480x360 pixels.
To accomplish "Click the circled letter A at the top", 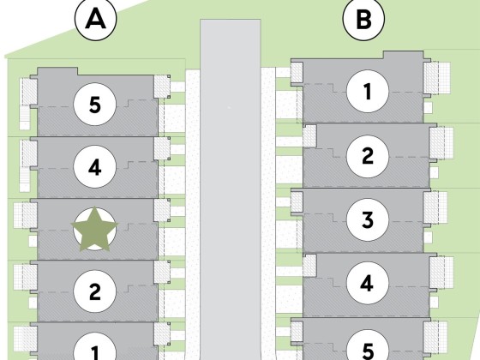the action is pyautogui.click(x=95, y=19).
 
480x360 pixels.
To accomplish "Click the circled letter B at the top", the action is pyautogui.click(x=363, y=19).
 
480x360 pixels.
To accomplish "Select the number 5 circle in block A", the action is pyautogui.click(x=95, y=105).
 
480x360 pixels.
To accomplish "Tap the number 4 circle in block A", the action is pyautogui.click(x=95, y=166).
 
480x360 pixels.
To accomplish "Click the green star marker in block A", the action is pyautogui.click(x=94, y=230).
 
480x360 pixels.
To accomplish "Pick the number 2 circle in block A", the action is pyautogui.click(x=95, y=291).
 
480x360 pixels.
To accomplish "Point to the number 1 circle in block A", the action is pyautogui.click(x=95, y=349).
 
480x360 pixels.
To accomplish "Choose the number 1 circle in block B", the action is pyautogui.click(x=368, y=91).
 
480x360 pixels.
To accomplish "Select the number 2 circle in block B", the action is pyautogui.click(x=368, y=156).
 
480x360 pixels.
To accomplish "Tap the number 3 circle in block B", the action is pyautogui.click(x=368, y=219).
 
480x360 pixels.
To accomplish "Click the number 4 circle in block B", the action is pyautogui.click(x=368, y=283).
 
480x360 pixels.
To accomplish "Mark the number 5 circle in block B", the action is pyautogui.click(x=368, y=346).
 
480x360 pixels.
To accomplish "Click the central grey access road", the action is pyautogui.click(x=231, y=189).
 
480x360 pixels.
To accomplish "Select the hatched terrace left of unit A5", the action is pyautogui.click(x=28, y=91).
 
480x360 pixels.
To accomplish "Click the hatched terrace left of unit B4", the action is pyautogui.click(x=309, y=265).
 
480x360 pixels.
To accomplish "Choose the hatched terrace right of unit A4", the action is pyautogui.click(x=162, y=148).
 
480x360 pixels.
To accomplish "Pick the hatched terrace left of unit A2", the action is pyautogui.click(x=26, y=276).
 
